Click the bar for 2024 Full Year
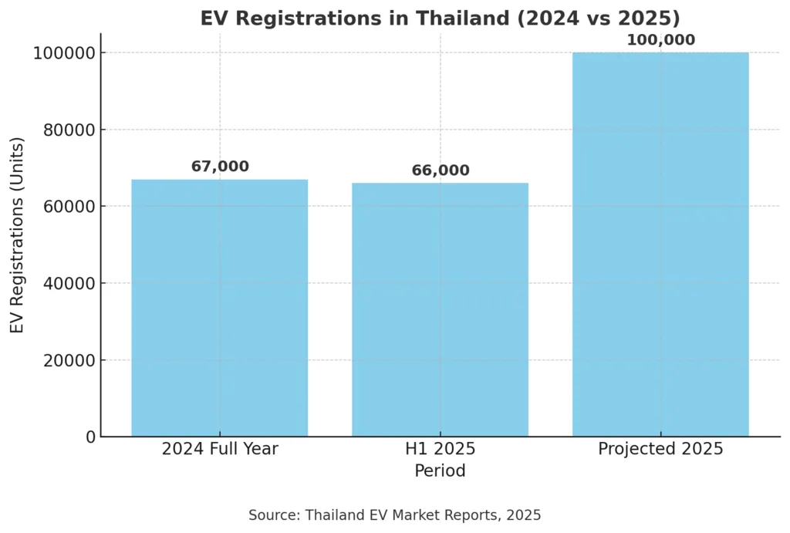coord(220,308)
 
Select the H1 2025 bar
coord(440,309)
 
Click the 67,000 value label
coord(220,167)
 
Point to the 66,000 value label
coord(440,170)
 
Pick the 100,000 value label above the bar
coord(660,40)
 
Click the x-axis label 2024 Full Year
coord(220,449)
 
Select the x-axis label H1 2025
coord(440,449)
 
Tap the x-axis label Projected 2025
coord(660,449)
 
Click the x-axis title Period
coord(440,471)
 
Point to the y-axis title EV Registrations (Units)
coord(18,235)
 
